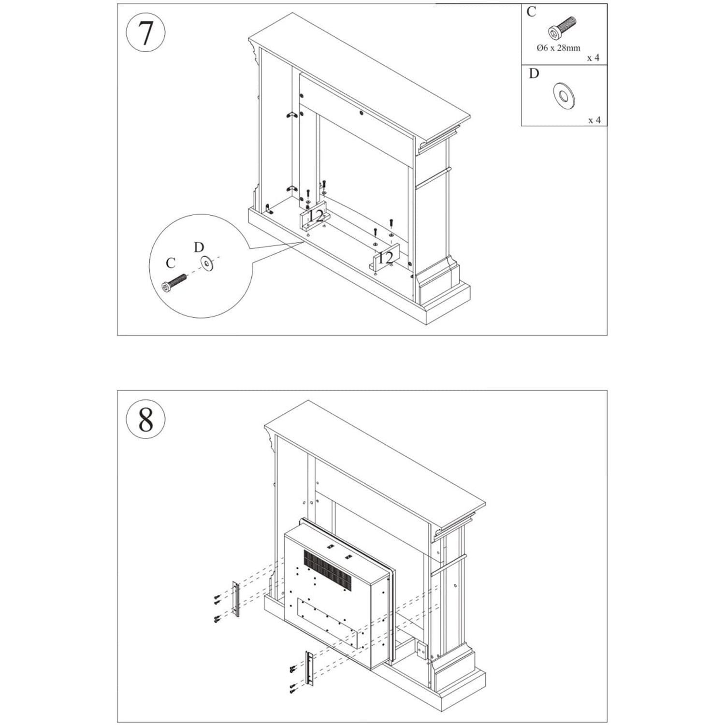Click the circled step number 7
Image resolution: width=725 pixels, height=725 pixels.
pos(145,33)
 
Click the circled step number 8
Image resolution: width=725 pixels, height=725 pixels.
pos(145,419)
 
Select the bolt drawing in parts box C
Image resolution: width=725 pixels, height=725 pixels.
pos(562,28)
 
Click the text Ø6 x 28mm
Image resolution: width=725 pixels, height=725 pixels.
pos(558,48)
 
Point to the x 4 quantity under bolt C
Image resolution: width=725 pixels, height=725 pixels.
pos(593,58)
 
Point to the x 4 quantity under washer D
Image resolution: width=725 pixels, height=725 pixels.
pos(594,120)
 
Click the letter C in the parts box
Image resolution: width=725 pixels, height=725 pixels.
pos(531,12)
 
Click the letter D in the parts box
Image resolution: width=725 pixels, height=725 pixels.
pos(534,73)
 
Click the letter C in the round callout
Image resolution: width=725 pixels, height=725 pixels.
pos(170,263)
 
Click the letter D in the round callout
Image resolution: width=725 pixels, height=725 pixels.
pos(199,247)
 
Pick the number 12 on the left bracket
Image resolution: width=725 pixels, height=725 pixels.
pos(316,216)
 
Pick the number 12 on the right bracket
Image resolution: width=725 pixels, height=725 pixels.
pos(386,258)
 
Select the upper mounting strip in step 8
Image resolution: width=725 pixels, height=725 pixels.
pos(236,599)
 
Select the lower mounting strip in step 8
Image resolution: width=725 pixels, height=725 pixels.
pos(308,668)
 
